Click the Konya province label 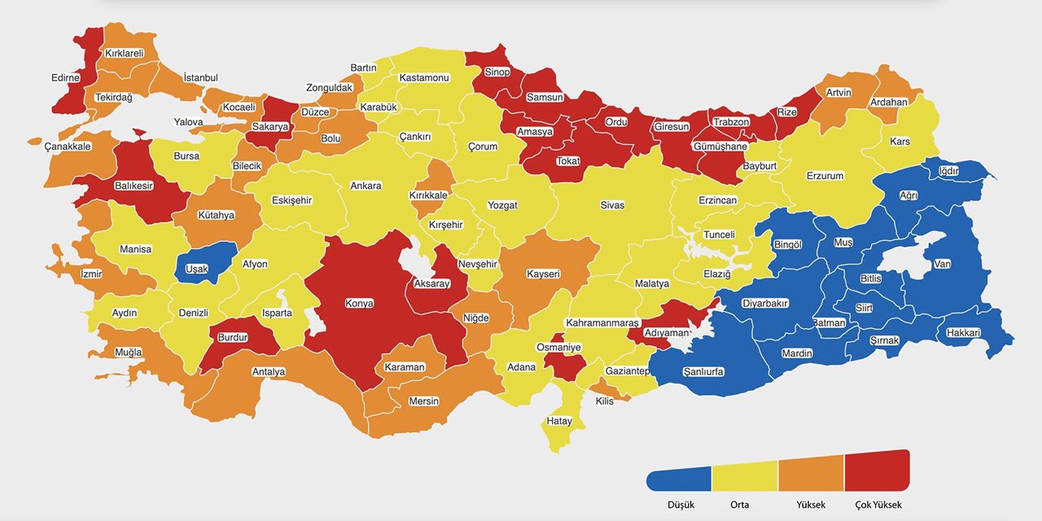click(x=359, y=303)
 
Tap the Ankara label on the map click(x=366, y=186)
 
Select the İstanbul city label click(x=200, y=77)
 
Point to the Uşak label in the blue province click(x=196, y=269)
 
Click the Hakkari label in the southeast click(x=963, y=333)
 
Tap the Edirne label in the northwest click(x=65, y=77)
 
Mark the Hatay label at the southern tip click(x=560, y=421)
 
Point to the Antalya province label click(x=269, y=372)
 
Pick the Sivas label click(x=612, y=205)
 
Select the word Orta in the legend click(x=740, y=505)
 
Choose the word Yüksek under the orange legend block click(x=809, y=505)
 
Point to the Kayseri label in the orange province click(x=543, y=274)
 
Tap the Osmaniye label click(x=558, y=348)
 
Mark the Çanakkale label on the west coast click(x=68, y=147)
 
